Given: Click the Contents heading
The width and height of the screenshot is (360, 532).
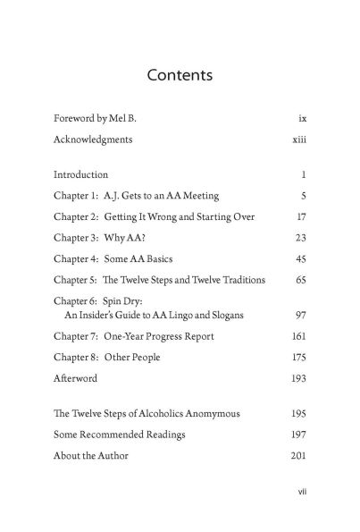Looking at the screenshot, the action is coord(180,74).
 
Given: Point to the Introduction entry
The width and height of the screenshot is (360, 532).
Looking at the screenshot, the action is coord(80,174).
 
